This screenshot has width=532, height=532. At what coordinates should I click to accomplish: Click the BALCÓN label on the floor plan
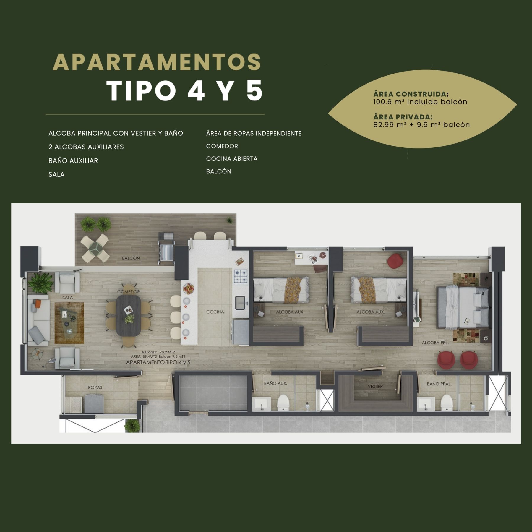point(131,258)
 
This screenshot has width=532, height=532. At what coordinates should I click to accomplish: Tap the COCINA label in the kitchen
point(215,312)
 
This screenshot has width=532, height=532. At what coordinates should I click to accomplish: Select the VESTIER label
point(375,386)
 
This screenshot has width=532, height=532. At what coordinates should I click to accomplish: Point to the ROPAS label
point(95,387)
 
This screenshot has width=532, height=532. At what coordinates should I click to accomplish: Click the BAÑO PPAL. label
point(439,384)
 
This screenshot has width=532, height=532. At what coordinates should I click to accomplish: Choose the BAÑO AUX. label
point(275,383)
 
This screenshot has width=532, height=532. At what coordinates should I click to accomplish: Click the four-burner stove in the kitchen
point(241,276)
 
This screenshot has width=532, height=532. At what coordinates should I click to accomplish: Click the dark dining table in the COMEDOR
point(129,316)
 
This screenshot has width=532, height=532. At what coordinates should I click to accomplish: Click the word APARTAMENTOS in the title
point(157,62)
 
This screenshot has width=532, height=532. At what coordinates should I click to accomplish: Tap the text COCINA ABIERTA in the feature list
point(232,159)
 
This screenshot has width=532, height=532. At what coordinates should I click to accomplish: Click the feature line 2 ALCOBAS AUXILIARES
point(86,147)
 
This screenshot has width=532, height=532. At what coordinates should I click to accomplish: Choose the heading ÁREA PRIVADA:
point(403,117)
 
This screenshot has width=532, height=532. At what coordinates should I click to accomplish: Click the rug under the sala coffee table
point(69,323)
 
